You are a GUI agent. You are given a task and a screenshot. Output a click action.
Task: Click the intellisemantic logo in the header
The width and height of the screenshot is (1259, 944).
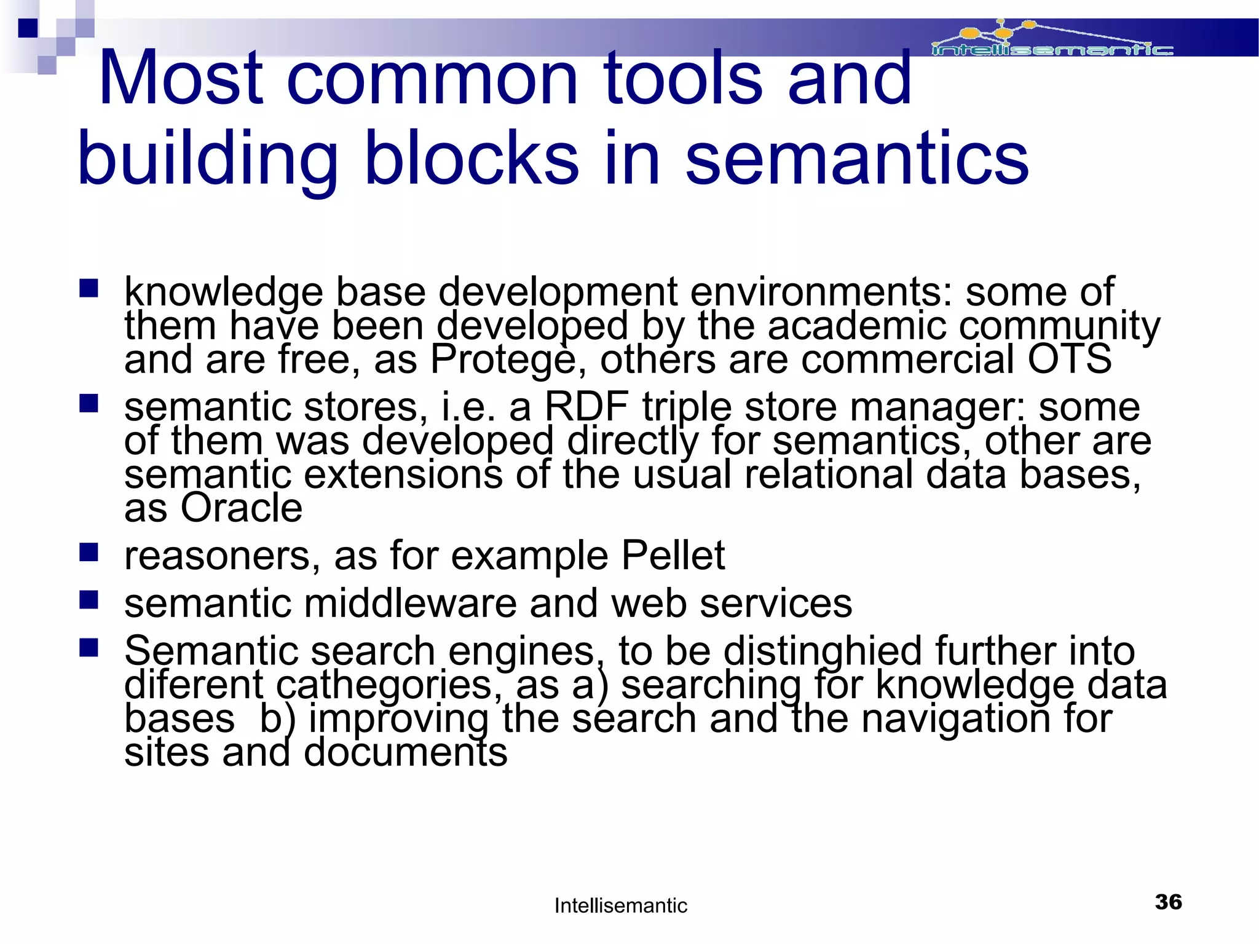(1051, 41)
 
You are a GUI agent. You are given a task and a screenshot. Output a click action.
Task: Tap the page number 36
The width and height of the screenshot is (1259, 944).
(1168, 902)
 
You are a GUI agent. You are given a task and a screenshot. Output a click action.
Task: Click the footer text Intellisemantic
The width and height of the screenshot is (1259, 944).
(620, 905)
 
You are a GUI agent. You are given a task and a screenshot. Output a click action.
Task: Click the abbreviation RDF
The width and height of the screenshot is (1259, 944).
(586, 407)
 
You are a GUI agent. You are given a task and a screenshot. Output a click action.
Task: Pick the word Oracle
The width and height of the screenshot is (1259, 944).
(241, 508)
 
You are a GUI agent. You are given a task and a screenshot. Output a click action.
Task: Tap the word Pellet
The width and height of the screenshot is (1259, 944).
(673, 556)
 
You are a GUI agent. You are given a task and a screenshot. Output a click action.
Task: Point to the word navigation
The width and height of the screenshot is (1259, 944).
(956, 718)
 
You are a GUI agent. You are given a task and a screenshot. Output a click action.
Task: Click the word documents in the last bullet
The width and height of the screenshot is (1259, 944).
(406, 752)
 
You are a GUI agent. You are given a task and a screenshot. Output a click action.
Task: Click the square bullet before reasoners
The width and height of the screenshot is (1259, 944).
(89, 553)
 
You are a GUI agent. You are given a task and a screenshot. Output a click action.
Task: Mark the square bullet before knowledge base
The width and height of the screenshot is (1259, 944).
(89, 288)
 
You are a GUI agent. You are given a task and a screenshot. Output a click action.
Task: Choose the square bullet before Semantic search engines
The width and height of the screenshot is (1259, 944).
(89, 648)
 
